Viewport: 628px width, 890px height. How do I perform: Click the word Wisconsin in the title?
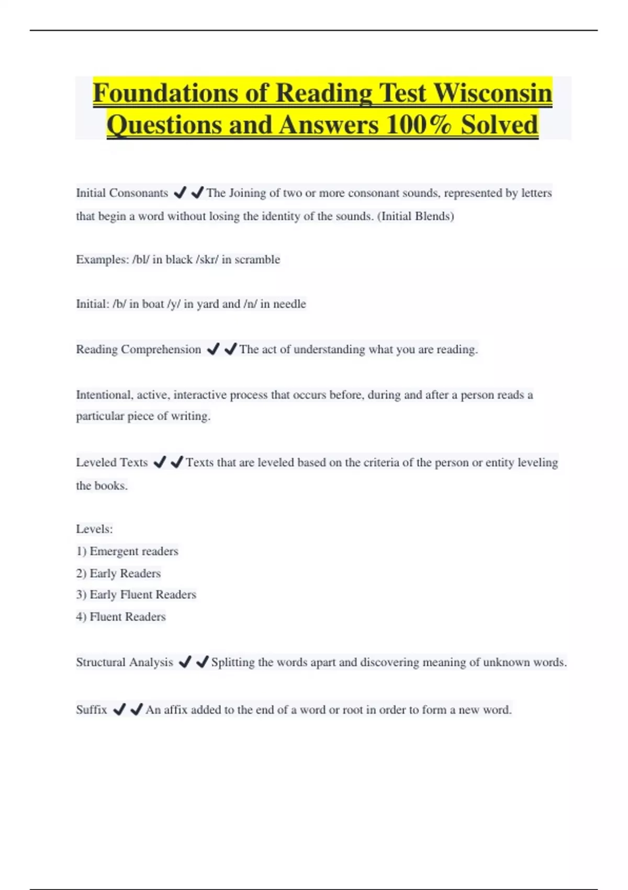(493, 93)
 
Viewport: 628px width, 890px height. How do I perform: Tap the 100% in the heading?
(419, 125)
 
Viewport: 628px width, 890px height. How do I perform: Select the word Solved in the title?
(499, 125)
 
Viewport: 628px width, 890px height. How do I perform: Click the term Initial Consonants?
(122, 193)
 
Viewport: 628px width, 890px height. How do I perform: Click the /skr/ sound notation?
(207, 260)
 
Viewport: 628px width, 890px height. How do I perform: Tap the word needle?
(289, 304)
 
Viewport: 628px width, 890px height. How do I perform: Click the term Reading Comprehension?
(138, 350)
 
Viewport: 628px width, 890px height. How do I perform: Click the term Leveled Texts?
(112, 463)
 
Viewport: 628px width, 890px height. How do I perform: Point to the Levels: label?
(94, 529)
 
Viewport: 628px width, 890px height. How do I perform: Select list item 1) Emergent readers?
(127, 551)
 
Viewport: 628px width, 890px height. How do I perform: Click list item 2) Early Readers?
(118, 573)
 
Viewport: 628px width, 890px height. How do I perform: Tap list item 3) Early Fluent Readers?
(136, 595)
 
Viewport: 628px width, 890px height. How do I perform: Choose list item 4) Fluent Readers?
(121, 617)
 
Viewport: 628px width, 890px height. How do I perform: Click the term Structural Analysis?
(124, 662)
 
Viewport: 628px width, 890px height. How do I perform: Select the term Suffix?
(92, 710)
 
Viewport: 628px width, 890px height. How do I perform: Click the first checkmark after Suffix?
(119, 710)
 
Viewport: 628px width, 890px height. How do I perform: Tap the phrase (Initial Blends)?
(416, 216)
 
